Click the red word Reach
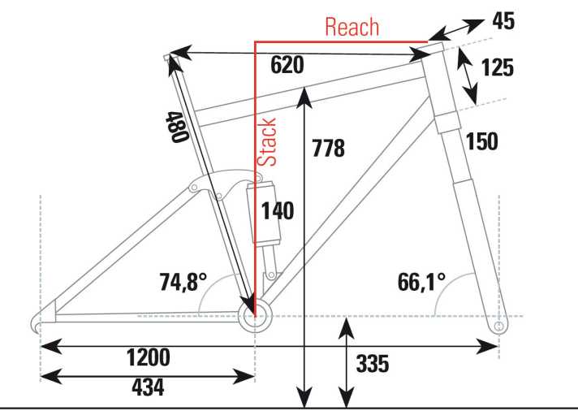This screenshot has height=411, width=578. tap(352, 26)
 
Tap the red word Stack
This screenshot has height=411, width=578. tap(267, 141)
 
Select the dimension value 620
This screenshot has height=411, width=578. tap(287, 66)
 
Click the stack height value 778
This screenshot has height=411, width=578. tap(328, 149)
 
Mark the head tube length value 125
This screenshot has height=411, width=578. tap(497, 67)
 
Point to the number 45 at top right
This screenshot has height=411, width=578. tap(503, 22)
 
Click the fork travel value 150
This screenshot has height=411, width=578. tap(481, 141)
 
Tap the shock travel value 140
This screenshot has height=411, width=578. tap(277, 210)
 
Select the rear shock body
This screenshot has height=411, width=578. tap(265, 215)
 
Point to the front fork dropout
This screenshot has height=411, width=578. tap(498, 326)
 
